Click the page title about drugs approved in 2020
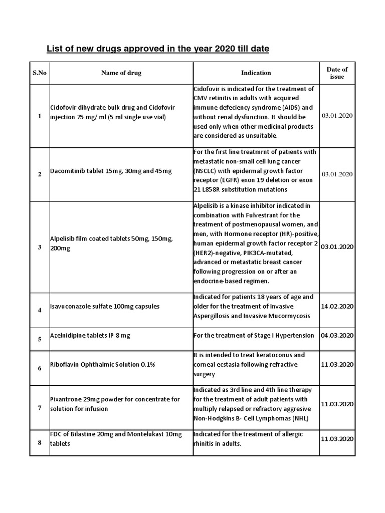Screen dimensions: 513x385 [157, 49]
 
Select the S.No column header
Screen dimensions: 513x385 [40, 73]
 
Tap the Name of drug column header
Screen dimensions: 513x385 [121, 73]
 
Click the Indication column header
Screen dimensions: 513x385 [256, 73]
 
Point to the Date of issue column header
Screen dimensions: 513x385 [337, 73]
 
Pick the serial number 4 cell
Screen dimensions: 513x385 [40, 310]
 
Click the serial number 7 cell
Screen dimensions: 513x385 [40, 408]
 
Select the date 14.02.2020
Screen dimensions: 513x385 [337, 306]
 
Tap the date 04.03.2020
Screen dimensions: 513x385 [337, 336]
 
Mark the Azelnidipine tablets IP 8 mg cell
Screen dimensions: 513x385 [90, 336]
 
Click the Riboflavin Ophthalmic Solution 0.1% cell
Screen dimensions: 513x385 [102, 364]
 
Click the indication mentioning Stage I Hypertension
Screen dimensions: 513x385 [254, 336]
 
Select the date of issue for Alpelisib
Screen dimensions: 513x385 [337, 247]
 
